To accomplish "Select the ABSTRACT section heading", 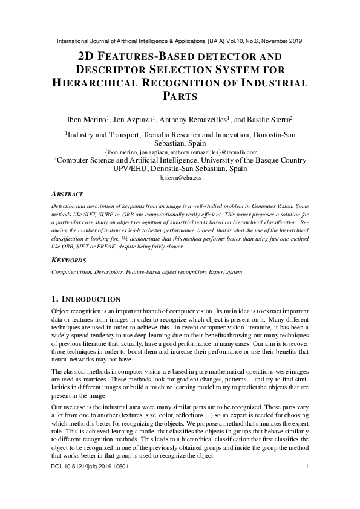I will point(67,195).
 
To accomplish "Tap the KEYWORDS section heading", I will point(69,260).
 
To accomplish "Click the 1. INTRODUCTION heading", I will point(86,299).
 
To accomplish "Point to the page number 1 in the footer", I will point(307,467).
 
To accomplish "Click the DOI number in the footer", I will point(90,467).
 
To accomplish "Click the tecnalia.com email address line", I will point(180,152).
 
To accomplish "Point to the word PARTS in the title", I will point(180,96).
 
